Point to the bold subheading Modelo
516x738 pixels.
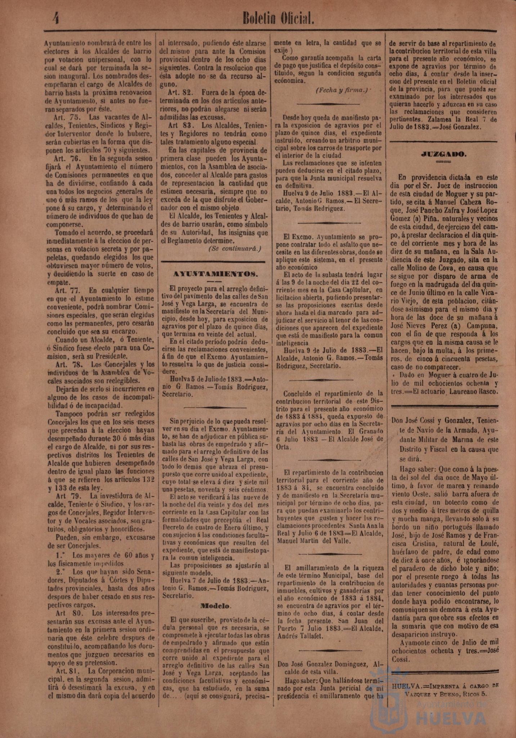pyautogui.click(x=216, y=606)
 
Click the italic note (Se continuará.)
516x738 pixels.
pyautogui.click(x=234, y=249)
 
